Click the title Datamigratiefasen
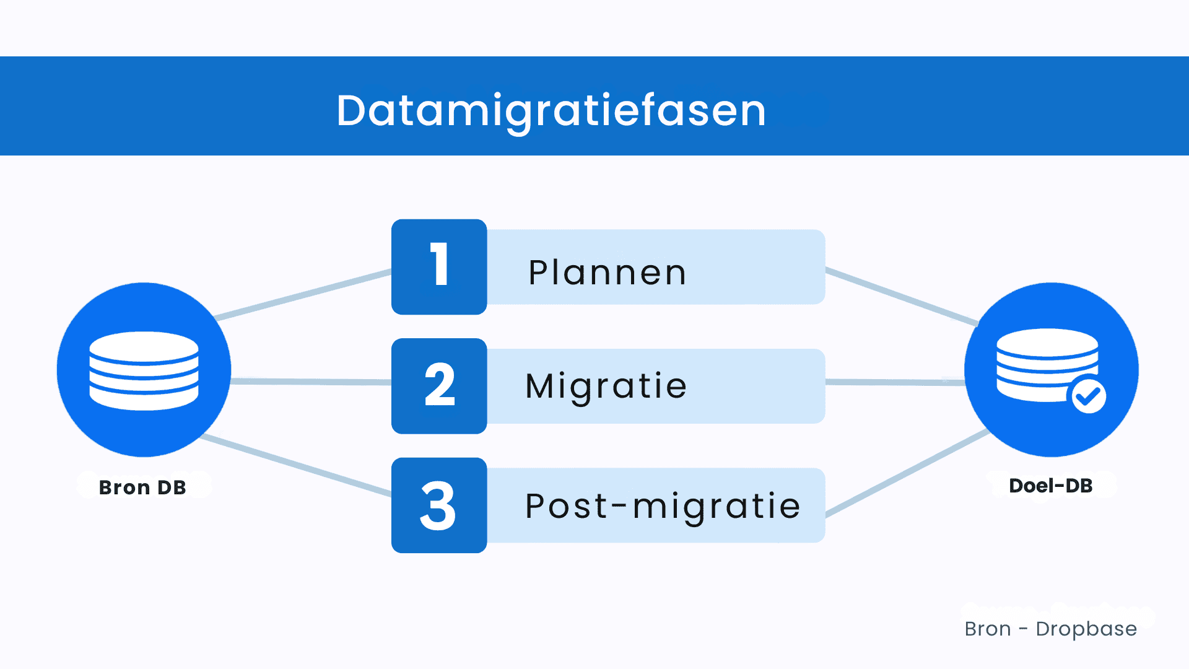point(551,111)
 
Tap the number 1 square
point(439,266)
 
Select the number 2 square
point(439,386)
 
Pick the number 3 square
point(439,505)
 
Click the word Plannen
point(607,273)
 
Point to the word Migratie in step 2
point(606,387)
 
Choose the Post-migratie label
point(662,506)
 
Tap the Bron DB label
point(142,488)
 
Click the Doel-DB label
point(1050,486)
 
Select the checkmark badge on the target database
point(1089,396)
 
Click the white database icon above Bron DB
point(144,370)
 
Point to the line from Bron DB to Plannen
point(303,294)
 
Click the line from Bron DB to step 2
point(310,382)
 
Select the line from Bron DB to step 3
point(297,465)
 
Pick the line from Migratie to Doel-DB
point(895,383)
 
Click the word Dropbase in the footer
point(1086,629)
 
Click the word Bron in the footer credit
point(987,629)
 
